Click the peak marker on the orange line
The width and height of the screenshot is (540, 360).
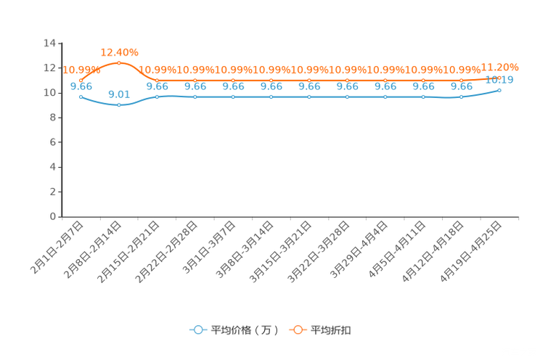(x=119, y=63)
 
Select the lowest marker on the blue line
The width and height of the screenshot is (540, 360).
(x=119, y=106)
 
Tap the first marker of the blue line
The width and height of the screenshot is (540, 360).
(x=81, y=97)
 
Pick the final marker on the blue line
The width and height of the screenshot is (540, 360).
(x=499, y=90)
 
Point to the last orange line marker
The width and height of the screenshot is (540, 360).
(x=499, y=76)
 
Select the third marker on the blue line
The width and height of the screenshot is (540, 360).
(x=157, y=97)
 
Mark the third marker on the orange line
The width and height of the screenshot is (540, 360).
(x=157, y=80)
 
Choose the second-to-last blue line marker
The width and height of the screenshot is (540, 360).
(x=461, y=97)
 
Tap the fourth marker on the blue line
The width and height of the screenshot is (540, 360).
(x=195, y=97)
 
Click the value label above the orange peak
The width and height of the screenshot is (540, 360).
(x=119, y=52)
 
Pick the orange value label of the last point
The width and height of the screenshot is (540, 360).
(x=500, y=65)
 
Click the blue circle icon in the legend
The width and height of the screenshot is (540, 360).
(x=198, y=330)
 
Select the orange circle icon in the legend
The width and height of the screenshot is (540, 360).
(x=298, y=330)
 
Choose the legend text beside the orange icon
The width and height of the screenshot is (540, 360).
(x=332, y=330)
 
